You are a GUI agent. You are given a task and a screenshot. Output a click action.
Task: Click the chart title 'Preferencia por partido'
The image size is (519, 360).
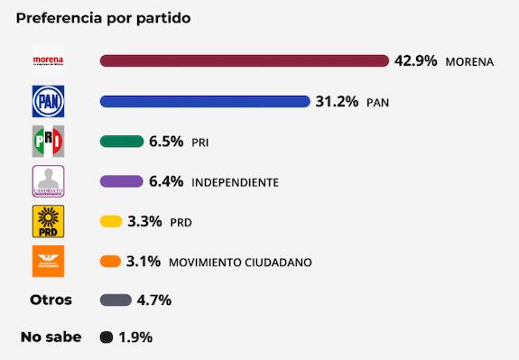coord(103,18)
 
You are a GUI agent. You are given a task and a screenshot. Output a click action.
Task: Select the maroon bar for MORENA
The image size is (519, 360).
coord(244,60)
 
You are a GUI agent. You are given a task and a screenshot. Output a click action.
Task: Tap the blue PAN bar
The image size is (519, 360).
coord(204,101)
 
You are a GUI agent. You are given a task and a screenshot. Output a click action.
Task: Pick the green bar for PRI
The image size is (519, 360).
coord(122,142)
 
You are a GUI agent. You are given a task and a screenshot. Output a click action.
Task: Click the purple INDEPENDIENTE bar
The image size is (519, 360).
coord(121,181)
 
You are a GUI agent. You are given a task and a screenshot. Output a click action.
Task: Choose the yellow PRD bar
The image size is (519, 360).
coord(110,221)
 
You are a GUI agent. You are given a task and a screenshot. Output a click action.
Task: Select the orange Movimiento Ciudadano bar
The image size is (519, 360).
coord(110,262)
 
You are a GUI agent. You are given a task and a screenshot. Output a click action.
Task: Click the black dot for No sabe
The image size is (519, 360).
coord(106,338)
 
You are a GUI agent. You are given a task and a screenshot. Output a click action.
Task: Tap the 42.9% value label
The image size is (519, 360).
coord(416,60)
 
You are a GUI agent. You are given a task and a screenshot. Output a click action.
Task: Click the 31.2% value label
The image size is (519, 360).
coord(337,101)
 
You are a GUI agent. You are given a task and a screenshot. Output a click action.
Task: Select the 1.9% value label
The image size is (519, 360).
coord(135,337)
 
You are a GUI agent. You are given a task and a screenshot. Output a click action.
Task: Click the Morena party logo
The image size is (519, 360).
coord(48,60)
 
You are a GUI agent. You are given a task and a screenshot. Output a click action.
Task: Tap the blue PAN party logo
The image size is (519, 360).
coord(48,101)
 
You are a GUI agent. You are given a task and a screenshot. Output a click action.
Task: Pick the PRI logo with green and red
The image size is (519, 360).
coord(48,142)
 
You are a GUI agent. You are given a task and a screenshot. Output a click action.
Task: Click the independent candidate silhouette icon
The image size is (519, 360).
coord(48,181)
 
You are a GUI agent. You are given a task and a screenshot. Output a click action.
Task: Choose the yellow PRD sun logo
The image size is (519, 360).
coord(48,221)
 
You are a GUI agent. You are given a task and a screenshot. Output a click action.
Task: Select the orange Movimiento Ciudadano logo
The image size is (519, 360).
coord(48,262)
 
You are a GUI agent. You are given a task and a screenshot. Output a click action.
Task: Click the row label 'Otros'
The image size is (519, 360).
coord(51,300)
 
